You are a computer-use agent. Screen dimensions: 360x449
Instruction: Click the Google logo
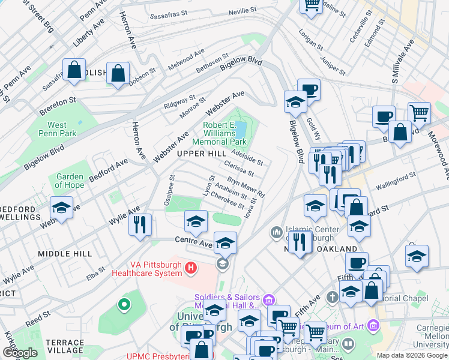[20, 353]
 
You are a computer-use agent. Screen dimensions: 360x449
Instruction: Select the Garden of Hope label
[70, 181]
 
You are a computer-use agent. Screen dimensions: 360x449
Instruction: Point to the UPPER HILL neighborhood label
[201, 154]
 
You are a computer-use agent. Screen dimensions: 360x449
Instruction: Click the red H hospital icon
[191, 267]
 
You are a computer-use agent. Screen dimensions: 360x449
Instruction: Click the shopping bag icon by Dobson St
[119, 74]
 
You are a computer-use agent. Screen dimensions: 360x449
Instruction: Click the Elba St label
[95, 277]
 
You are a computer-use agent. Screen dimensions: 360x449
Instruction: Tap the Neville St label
[242, 10]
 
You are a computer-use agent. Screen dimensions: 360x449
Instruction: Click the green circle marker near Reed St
[124, 305]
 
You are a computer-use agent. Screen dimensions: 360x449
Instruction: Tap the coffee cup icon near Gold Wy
[309, 90]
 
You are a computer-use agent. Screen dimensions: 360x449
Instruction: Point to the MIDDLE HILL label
[64, 254]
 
